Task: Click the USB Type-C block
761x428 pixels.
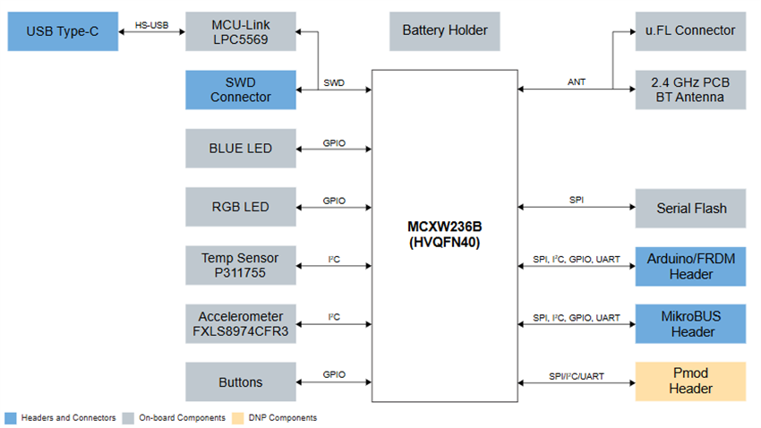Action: (x=62, y=31)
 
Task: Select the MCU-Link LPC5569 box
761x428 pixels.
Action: (x=240, y=31)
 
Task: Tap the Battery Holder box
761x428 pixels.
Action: (x=445, y=31)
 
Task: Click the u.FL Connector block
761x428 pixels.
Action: (x=690, y=31)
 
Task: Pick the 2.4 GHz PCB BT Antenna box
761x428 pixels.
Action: (x=690, y=90)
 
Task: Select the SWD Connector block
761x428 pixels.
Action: (x=240, y=90)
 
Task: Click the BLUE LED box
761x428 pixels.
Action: (x=240, y=149)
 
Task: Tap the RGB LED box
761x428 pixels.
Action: (x=240, y=207)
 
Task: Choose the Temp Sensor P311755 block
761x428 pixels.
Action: (x=240, y=265)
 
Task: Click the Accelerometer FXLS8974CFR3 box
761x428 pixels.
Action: (x=240, y=323)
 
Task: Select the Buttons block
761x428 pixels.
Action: (x=240, y=382)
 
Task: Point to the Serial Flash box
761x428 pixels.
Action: (x=690, y=208)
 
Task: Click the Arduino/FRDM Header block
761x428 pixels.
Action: (x=690, y=266)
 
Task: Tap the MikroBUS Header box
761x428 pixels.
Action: (x=690, y=324)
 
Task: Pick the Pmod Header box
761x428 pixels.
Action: (x=690, y=381)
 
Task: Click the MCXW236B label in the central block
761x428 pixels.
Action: (x=445, y=225)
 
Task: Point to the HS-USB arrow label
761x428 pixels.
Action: (x=151, y=24)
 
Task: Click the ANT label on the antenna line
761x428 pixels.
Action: (x=577, y=82)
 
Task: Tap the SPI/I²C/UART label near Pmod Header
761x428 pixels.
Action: (x=577, y=374)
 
